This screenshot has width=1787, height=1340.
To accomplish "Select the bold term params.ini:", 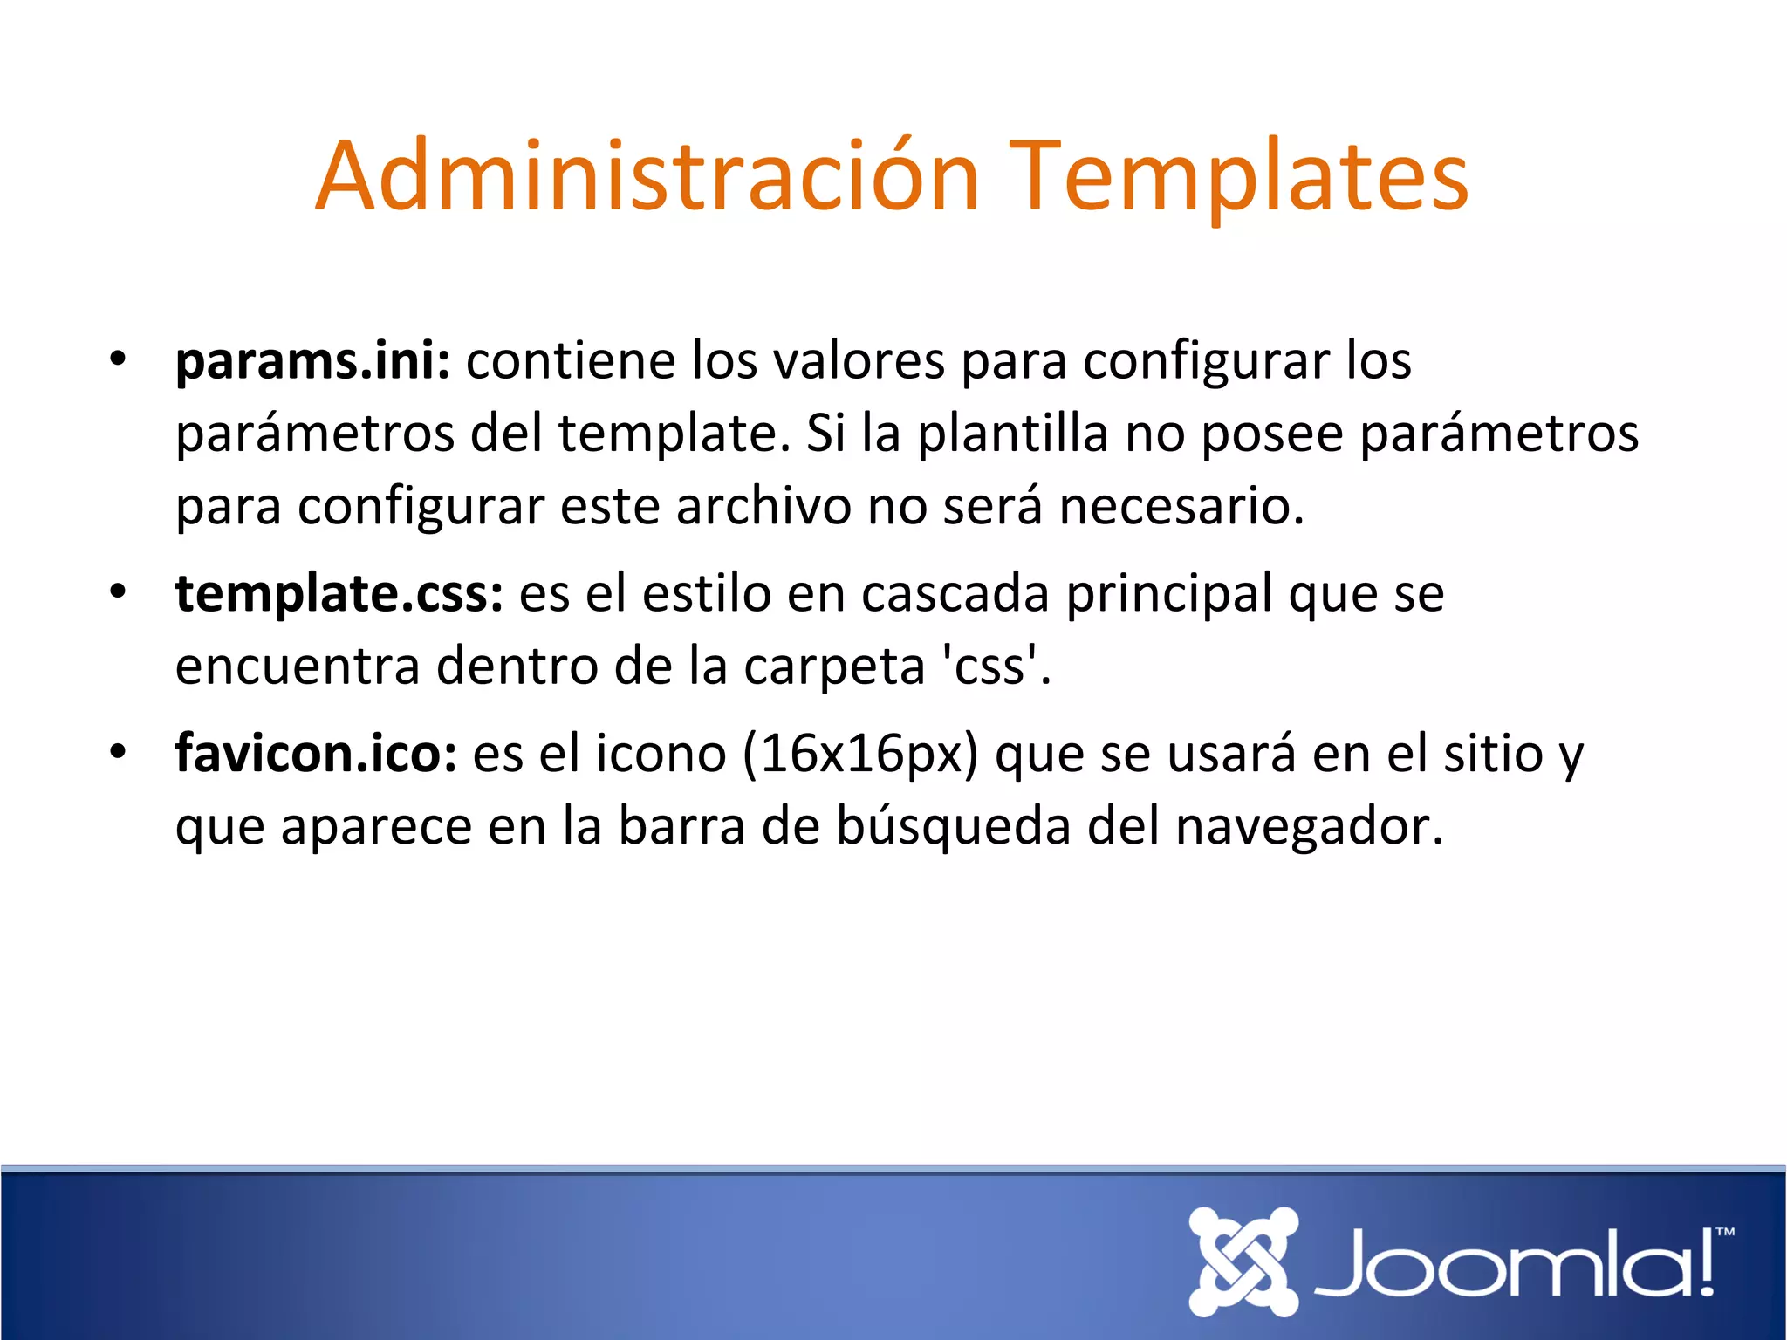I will coord(312,361).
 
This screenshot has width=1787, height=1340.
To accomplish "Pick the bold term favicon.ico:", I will coord(316,754).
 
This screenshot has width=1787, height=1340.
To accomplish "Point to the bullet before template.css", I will coord(118,592).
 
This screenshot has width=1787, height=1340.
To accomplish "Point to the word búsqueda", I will coord(953,827).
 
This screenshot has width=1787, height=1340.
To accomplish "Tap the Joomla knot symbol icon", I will coord(1243,1261).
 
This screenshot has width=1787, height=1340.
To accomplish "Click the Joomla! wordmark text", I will coord(1514,1263).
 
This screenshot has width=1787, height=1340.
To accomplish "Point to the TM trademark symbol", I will coord(1724,1233).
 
